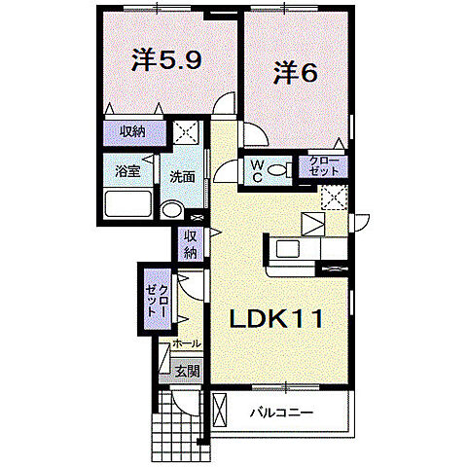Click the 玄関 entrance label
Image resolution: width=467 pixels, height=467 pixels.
187,370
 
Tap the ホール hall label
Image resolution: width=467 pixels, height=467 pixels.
186,343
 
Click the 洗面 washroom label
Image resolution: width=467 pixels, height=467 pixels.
182,177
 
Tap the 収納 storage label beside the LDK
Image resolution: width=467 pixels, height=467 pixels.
190,244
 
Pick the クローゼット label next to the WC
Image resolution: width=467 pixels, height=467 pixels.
324,165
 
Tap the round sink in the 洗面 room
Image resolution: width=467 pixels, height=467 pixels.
172,209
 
